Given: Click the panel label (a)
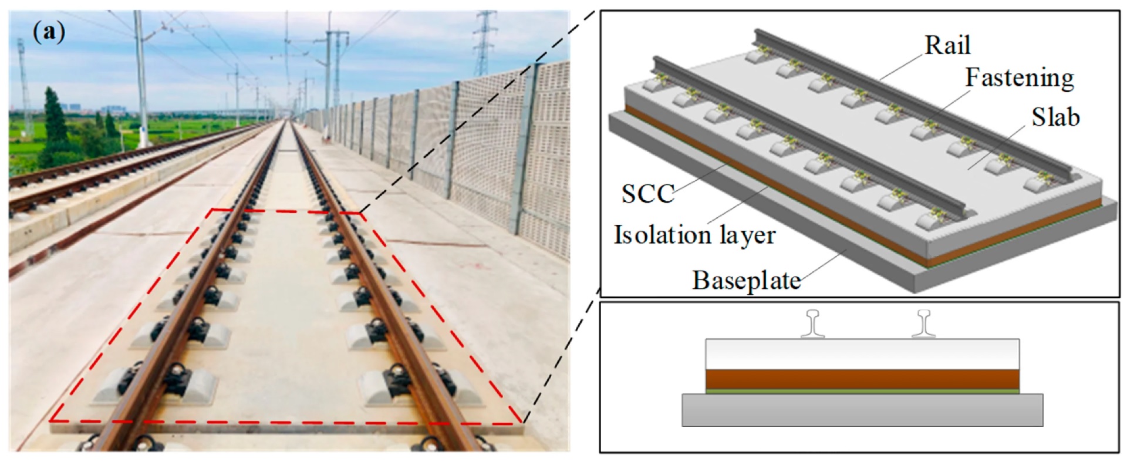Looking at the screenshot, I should (x=49, y=32).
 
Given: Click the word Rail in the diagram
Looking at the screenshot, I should (x=947, y=46).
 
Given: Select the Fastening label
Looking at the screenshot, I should (x=1020, y=78).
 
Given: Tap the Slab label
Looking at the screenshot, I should (x=1055, y=118).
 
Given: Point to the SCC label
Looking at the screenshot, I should (x=647, y=194).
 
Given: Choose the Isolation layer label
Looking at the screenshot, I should (x=694, y=235).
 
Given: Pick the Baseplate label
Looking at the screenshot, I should (x=746, y=281).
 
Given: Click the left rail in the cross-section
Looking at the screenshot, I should (x=813, y=324).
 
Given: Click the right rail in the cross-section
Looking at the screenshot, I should (x=924, y=324).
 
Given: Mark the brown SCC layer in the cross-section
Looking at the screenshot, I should (x=862, y=379).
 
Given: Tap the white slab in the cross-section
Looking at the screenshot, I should (x=862, y=353).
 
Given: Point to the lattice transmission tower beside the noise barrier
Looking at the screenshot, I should (x=485, y=44).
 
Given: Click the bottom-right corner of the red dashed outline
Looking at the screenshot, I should (x=521, y=422).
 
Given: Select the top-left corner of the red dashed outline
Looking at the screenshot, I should (x=212, y=210).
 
